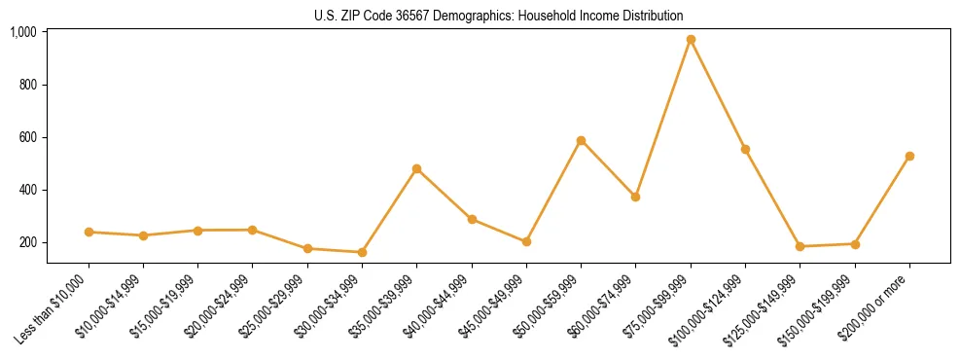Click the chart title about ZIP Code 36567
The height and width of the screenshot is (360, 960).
click(498, 16)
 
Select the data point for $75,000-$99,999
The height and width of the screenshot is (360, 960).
click(691, 40)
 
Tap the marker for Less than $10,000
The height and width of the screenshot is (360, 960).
click(89, 232)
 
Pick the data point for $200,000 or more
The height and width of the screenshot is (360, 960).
click(909, 156)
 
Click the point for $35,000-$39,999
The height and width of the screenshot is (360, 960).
click(416, 168)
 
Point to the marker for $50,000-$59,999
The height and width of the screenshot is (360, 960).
click(581, 140)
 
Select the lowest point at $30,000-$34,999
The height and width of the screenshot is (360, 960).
click(362, 252)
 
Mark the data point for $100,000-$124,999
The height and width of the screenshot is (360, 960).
click(745, 149)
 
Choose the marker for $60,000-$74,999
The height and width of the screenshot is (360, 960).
click(635, 197)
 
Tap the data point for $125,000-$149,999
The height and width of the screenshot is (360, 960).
click(800, 246)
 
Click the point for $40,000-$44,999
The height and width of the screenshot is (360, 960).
click(472, 219)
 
